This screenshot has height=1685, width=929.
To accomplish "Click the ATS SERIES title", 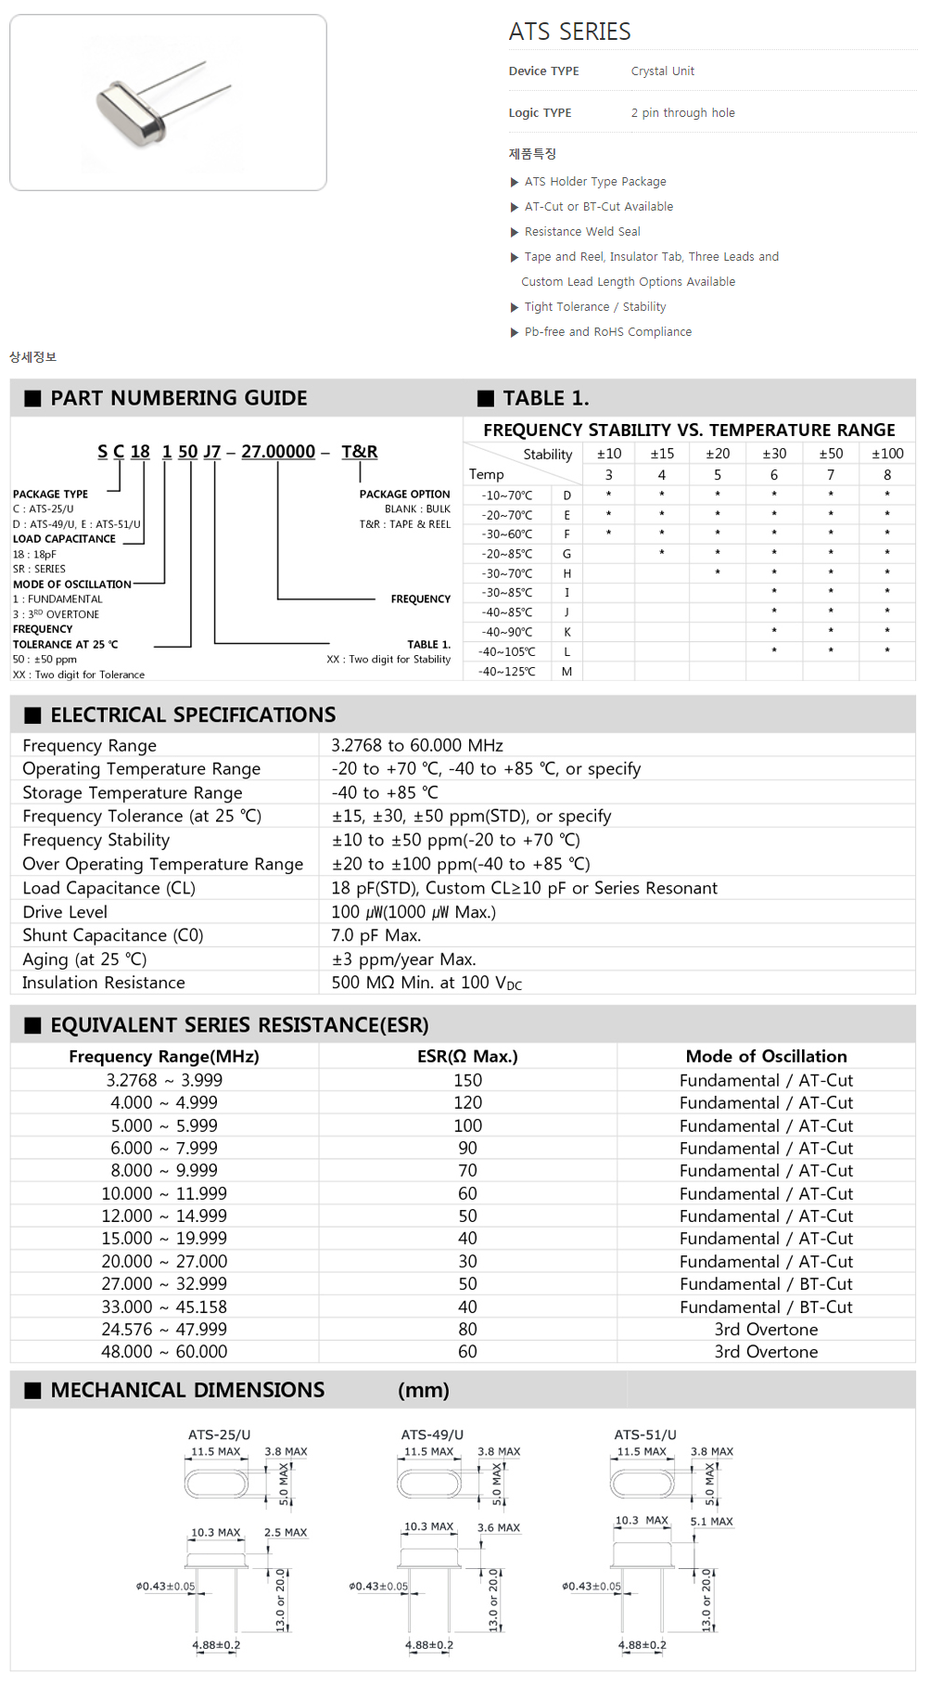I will tap(569, 32).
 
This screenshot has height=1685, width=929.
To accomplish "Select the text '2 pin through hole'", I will tap(682, 113).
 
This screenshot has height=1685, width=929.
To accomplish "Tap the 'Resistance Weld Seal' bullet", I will tap(582, 232).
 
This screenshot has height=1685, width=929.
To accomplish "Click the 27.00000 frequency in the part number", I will tap(278, 452).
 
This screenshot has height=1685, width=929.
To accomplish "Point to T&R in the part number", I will tap(359, 452).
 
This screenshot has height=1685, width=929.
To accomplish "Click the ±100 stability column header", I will tap(887, 454).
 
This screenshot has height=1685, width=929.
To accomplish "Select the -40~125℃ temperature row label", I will tap(507, 672).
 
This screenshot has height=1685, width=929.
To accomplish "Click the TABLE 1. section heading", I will tap(545, 398).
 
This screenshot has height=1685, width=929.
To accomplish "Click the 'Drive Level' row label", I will tap(65, 912).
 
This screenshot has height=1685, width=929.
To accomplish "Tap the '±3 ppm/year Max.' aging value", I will tap(403, 959).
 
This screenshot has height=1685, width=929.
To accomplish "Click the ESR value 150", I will tap(467, 1080).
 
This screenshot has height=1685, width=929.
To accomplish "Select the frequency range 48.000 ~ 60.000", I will tap(164, 1352).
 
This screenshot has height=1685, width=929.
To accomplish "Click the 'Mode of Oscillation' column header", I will tap(766, 1056).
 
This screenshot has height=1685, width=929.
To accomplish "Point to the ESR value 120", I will tap(467, 1102).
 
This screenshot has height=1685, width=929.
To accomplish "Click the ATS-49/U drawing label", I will tap(432, 1434).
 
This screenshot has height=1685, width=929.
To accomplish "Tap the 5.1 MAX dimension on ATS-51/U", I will tap(711, 1522).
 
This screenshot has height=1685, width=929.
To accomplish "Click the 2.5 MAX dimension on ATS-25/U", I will tap(286, 1533).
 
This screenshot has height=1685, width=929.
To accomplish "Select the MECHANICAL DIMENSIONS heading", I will tap(187, 1390).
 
